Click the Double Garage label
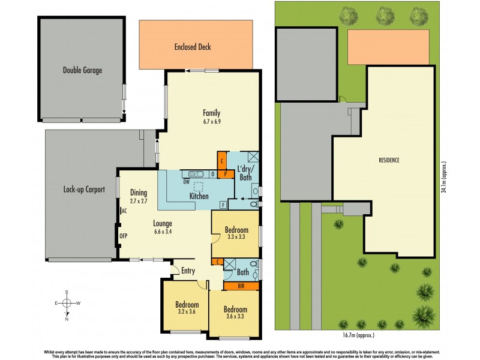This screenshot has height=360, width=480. (82, 70)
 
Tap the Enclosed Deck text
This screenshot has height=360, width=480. (193, 47)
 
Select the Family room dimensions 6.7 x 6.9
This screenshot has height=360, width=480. (211, 122)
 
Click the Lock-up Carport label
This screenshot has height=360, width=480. (84, 190)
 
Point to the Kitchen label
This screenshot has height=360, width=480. (199, 196)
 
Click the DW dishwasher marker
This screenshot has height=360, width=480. (187, 182)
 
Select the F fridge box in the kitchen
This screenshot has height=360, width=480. (223, 205)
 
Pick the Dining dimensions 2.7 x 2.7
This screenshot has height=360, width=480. (143, 201)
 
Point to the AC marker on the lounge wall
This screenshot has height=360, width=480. (124, 211)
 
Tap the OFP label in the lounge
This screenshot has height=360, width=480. (124, 236)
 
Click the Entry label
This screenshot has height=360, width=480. (188, 271)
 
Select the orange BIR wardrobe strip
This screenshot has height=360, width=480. (241, 286)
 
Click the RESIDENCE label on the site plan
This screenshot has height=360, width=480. (389, 160)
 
